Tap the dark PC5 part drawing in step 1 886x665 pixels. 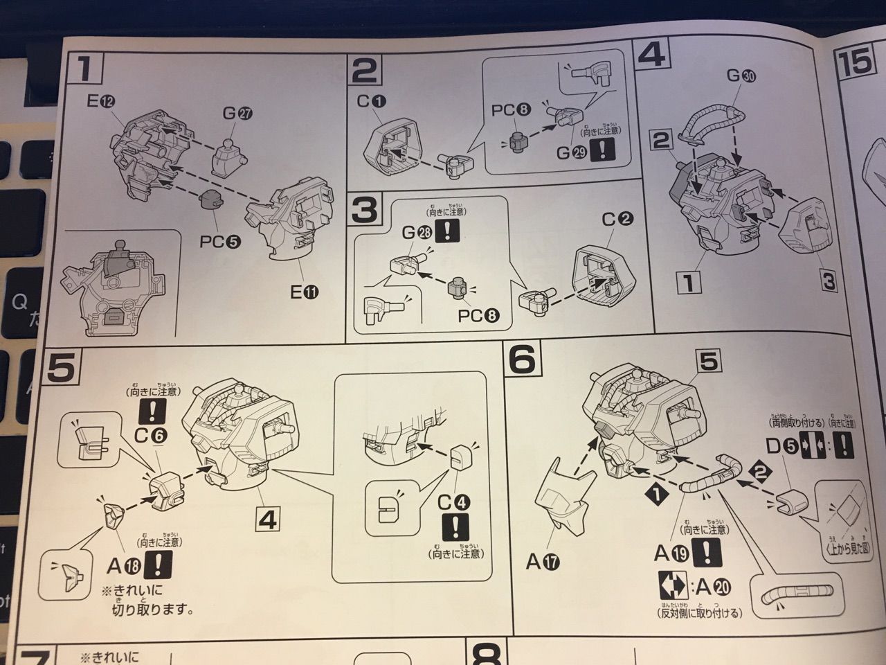point(210,200)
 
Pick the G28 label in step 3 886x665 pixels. point(415,233)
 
